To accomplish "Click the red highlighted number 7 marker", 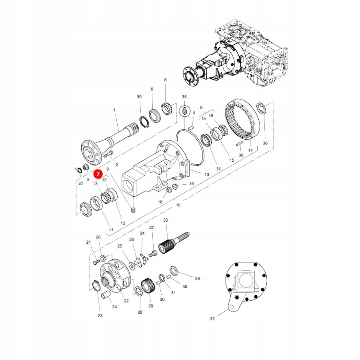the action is [x=98, y=174].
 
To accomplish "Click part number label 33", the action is [x=166, y=220].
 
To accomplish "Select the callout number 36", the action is [x=265, y=143].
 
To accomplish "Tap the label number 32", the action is [x=212, y=318].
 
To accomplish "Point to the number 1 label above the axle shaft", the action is [x=114, y=110].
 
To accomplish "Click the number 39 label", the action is [x=139, y=97].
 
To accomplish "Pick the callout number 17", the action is [x=250, y=150].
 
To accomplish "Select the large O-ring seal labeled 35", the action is [x=190, y=148].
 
